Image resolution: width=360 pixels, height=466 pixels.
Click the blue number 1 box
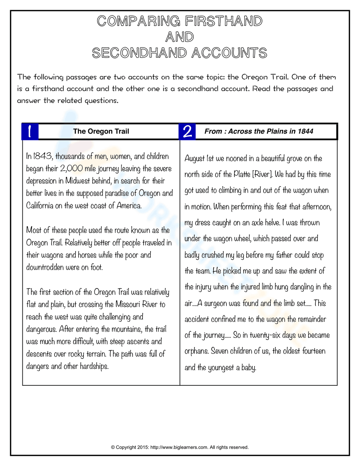point(30,131)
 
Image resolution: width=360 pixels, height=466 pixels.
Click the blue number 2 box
point(187,131)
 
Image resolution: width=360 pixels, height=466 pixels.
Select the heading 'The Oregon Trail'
point(101,131)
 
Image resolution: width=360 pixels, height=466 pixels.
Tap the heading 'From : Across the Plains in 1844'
point(258,131)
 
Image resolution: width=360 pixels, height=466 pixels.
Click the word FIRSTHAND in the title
point(224,21)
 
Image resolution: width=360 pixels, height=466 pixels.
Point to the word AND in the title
point(180,37)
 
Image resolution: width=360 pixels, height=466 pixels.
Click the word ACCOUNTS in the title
point(229,53)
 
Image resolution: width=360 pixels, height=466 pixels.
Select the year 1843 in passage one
point(42,156)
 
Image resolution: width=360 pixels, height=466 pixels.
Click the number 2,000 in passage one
point(71,169)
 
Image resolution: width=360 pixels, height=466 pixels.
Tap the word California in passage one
point(40,206)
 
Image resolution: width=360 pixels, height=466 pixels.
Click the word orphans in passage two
point(196,351)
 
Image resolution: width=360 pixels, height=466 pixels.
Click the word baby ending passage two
point(249,368)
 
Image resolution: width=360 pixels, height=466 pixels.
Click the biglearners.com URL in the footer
point(179,447)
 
